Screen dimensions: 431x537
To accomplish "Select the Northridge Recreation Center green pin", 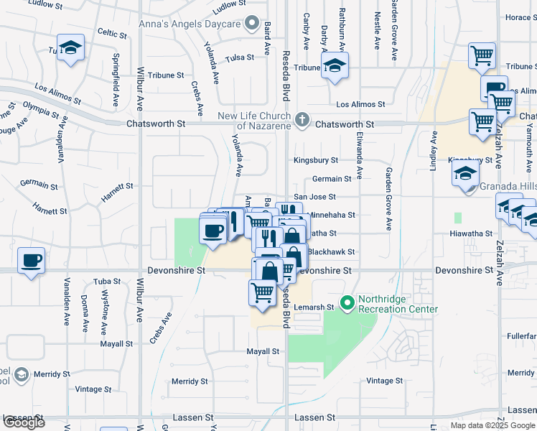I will click(x=348, y=303).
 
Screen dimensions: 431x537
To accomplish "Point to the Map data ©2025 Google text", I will click(x=492, y=425).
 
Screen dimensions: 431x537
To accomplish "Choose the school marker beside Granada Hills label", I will click(x=466, y=174).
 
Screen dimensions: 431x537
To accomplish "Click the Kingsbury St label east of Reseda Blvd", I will click(x=315, y=161).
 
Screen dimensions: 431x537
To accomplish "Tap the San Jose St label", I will click(x=315, y=197).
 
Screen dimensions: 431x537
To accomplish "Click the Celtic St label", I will click(x=112, y=34).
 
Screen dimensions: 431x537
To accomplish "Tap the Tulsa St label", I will click(x=240, y=59).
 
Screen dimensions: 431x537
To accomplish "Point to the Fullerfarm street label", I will click(x=521, y=335).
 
